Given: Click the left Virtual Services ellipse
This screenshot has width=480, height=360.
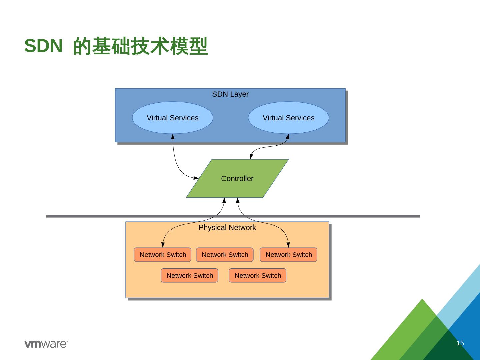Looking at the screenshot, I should coord(172,118).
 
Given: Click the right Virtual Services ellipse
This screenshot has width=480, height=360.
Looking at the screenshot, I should coord(288,118).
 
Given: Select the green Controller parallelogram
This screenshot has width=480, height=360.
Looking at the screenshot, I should coord(237,179).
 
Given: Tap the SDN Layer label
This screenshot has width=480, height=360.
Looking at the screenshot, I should coord(230,94).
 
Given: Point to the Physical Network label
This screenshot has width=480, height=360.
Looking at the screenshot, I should coord(227,228).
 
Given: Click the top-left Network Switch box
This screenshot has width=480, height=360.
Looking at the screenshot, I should coord(163,255).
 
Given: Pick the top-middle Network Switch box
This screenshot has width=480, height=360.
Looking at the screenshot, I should coord(225,255).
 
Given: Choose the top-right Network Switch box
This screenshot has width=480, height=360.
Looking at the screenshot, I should coord(289,255).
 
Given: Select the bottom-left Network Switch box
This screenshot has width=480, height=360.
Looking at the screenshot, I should coord(189,276).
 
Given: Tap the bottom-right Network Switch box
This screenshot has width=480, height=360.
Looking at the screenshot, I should coord(258,276).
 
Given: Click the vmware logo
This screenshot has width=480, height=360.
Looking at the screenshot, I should coord(46,344).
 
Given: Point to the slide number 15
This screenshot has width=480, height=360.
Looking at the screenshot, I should coord(460,343).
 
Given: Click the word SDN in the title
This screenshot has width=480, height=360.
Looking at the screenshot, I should coord(43,46).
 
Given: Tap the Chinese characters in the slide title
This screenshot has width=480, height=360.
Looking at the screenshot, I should coord(140,46).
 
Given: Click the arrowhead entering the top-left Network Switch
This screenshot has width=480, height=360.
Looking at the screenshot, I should coord(163,245).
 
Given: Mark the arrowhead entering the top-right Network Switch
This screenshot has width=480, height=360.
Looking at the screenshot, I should coord(288,245).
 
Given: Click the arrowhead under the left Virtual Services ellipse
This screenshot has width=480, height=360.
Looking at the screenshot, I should coord(173,137).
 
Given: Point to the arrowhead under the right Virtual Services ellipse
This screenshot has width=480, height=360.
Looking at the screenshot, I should coord(288,137).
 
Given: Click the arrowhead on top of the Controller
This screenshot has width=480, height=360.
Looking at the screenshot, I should coord(251,157).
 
